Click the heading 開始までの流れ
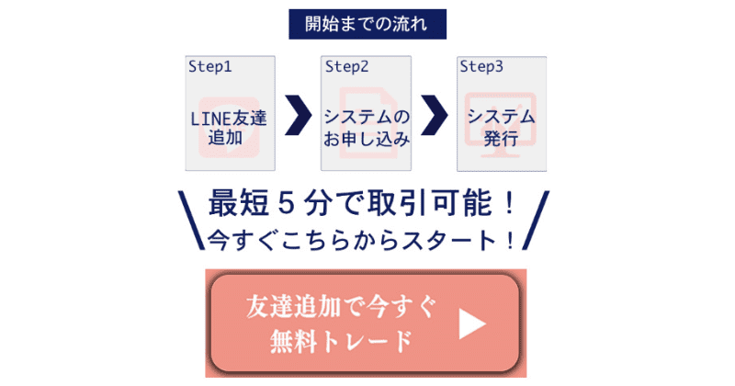click(367, 22)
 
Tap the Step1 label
click(210, 66)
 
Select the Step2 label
click(346, 66)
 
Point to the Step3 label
click(481, 66)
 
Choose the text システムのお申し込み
click(365, 128)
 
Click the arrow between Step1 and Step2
click(296, 114)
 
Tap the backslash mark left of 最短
click(189, 220)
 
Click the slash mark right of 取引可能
click(539, 220)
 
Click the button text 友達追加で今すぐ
click(341, 307)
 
